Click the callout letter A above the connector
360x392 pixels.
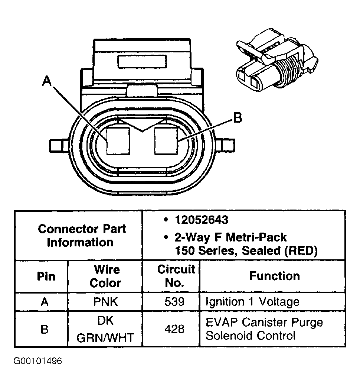[47, 81]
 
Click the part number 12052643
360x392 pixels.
[201, 220]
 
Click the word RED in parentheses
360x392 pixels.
[301, 251]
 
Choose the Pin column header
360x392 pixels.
[46, 276]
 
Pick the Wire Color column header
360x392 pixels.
[106, 276]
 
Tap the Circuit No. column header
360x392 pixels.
[176, 276]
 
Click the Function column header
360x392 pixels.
[274, 276]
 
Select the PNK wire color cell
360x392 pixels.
[106, 302]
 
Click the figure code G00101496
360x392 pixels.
[37, 361]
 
